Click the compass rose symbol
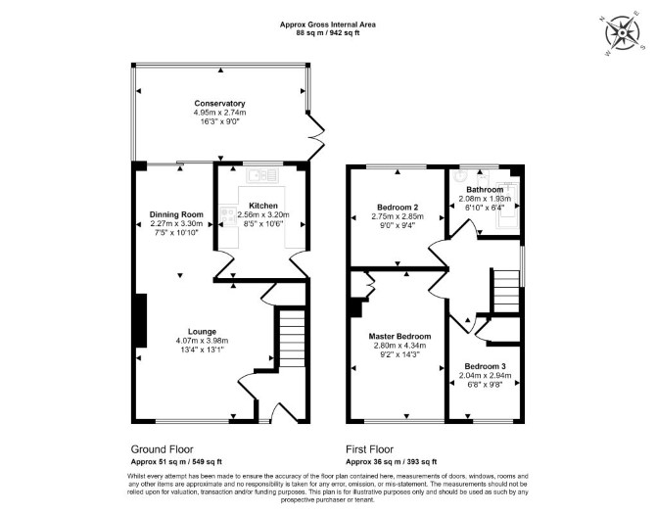623,32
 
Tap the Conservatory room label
219,104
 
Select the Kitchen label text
263,206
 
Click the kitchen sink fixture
262,175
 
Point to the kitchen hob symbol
227,215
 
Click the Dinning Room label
176,214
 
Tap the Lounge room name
202,332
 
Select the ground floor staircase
292,339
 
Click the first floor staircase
506,291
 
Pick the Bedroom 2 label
398,208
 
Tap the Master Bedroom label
399,336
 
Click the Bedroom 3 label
485,366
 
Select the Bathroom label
485,190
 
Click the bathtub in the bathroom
507,205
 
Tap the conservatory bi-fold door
316,136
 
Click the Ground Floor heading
162,449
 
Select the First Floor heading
369,449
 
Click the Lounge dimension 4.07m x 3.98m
202,341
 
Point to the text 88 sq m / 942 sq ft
328,32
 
